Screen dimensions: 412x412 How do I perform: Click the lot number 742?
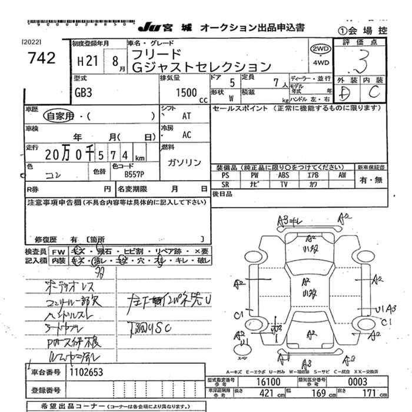tap(42, 58)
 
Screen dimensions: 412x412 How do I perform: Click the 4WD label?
tap(320, 62)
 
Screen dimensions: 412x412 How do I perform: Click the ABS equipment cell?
tap(284, 175)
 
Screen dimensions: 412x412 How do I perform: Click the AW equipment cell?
tap(341, 175)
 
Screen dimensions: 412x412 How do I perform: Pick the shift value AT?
tap(187, 117)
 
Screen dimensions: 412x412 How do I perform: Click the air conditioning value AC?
tap(187, 135)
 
